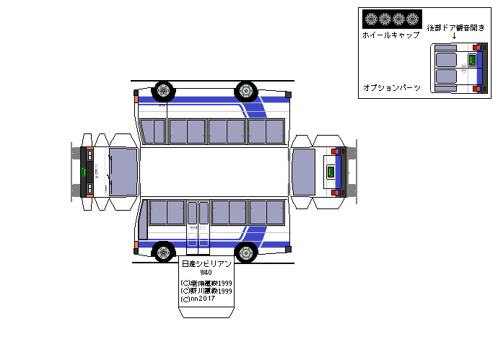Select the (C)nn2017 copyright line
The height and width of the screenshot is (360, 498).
pos(198,299)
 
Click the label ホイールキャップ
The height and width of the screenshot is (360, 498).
pos(390,35)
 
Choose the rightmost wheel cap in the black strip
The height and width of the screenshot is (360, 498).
pos(412,19)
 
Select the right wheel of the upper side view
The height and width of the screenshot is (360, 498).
pos(246,91)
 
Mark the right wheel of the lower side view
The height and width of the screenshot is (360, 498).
pos(246,253)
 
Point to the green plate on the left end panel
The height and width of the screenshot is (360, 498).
pos(84,172)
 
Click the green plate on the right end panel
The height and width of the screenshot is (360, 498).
pos(331,172)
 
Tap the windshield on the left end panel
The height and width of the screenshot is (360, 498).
pos(123,172)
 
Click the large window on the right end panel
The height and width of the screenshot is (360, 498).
pos(305,172)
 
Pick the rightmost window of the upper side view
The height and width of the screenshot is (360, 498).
pos(275,131)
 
